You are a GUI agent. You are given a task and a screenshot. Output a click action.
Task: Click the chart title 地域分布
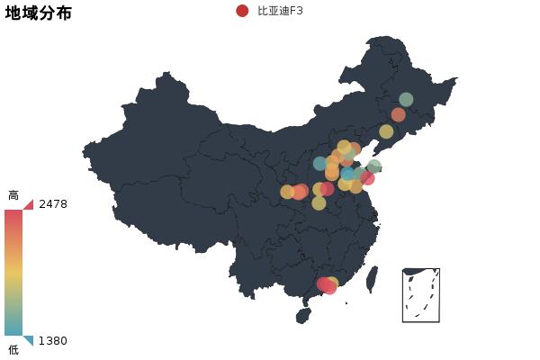pyautogui.click(x=39, y=13)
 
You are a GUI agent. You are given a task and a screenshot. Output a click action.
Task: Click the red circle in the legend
pyautogui.click(x=242, y=11)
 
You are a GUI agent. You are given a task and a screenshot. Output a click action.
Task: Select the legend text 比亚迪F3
pyautogui.click(x=280, y=11)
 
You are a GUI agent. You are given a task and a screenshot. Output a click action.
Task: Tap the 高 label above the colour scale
pyautogui.click(x=13, y=195)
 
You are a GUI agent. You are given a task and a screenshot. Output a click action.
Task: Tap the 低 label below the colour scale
pyautogui.click(x=13, y=349)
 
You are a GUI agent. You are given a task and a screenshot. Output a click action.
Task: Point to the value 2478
pyautogui.click(x=53, y=204)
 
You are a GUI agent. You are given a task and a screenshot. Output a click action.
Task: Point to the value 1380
pyautogui.click(x=53, y=341)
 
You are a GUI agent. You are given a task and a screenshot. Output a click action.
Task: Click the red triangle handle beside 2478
pyautogui.click(x=29, y=204)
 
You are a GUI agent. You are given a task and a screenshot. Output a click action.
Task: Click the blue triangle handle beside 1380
pyautogui.click(x=29, y=340)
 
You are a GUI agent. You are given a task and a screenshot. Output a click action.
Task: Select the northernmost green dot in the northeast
pyautogui.click(x=406, y=99)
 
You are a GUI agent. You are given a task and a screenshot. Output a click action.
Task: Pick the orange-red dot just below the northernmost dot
pyautogui.click(x=398, y=114)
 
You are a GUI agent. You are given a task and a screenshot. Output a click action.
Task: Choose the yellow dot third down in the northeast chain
pyautogui.click(x=386, y=131)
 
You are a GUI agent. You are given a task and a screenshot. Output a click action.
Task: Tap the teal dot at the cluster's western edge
pyautogui.click(x=320, y=164)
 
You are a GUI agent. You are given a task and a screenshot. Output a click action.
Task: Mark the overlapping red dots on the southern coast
pyautogui.click(x=327, y=285)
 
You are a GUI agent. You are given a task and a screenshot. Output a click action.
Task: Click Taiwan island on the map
pyautogui.click(x=372, y=279)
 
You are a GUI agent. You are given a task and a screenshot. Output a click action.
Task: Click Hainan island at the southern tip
pyautogui.click(x=303, y=316)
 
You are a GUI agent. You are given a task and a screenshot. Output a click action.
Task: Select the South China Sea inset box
pyautogui.click(x=421, y=295)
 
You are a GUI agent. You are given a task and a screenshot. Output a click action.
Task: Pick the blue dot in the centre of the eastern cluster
pyautogui.click(x=348, y=174)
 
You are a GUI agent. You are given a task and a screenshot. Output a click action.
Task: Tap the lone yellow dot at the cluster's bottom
pyautogui.click(x=319, y=203)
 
